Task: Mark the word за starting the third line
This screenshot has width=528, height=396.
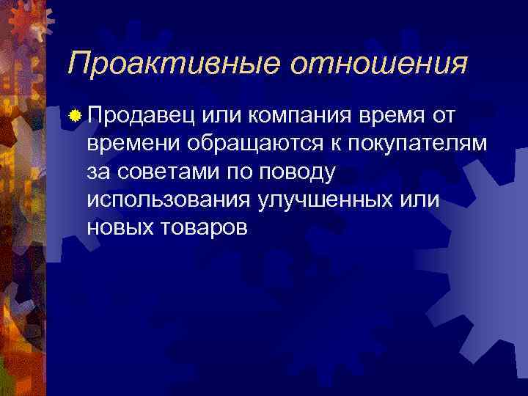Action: coord(98,172)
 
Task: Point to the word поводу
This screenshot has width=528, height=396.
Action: coord(294,173)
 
